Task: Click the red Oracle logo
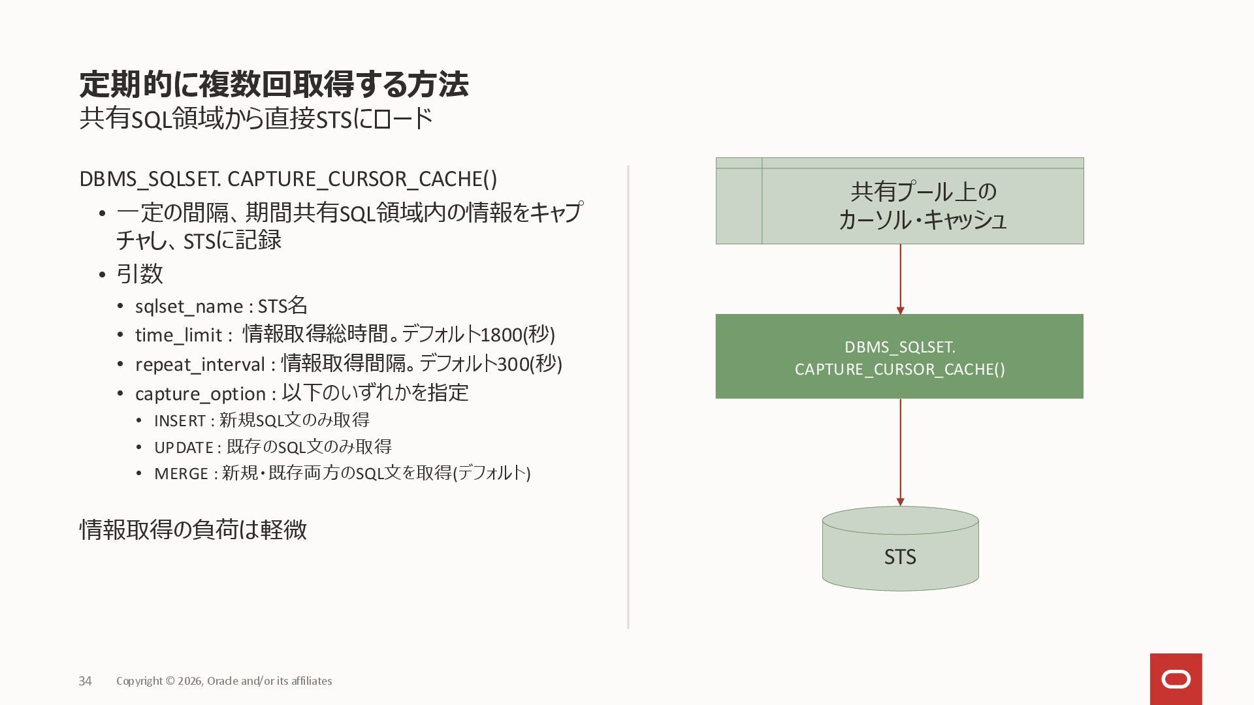pyautogui.click(x=1176, y=679)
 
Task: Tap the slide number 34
pyautogui.click(x=85, y=681)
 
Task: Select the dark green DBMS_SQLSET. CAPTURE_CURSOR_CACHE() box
pyautogui.click(x=899, y=356)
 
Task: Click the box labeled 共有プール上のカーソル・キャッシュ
pyautogui.click(x=922, y=205)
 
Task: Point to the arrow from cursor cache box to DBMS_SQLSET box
pyautogui.click(x=900, y=279)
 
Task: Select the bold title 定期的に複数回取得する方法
pyautogui.click(x=274, y=84)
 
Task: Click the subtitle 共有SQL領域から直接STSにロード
pyautogui.click(x=256, y=119)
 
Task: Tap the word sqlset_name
pyautogui.click(x=189, y=306)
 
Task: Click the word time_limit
pyautogui.click(x=178, y=335)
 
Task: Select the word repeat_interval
pyautogui.click(x=200, y=364)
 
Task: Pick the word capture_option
pyautogui.click(x=200, y=394)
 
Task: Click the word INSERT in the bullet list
pyautogui.click(x=180, y=421)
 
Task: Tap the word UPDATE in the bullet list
pyautogui.click(x=184, y=447)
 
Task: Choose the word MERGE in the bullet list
pyautogui.click(x=181, y=473)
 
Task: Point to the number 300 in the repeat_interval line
pyautogui.click(x=512, y=364)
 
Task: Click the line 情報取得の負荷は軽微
pyautogui.click(x=193, y=529)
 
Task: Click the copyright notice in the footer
pyautogui.click(x=224, y=681)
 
